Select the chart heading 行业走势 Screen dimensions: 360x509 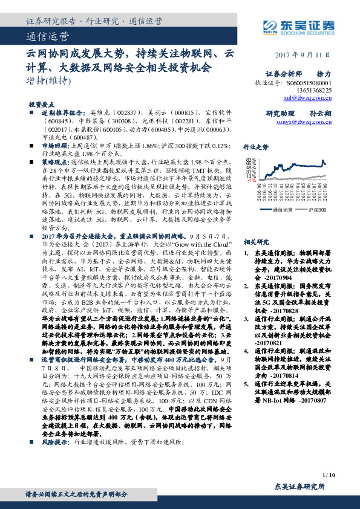pyautogui.click(x=255, y=146)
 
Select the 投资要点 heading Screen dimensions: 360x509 pyautogui.click(x=42, y=104)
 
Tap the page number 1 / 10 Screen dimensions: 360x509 pyautogui.click(x=329, y=476)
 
